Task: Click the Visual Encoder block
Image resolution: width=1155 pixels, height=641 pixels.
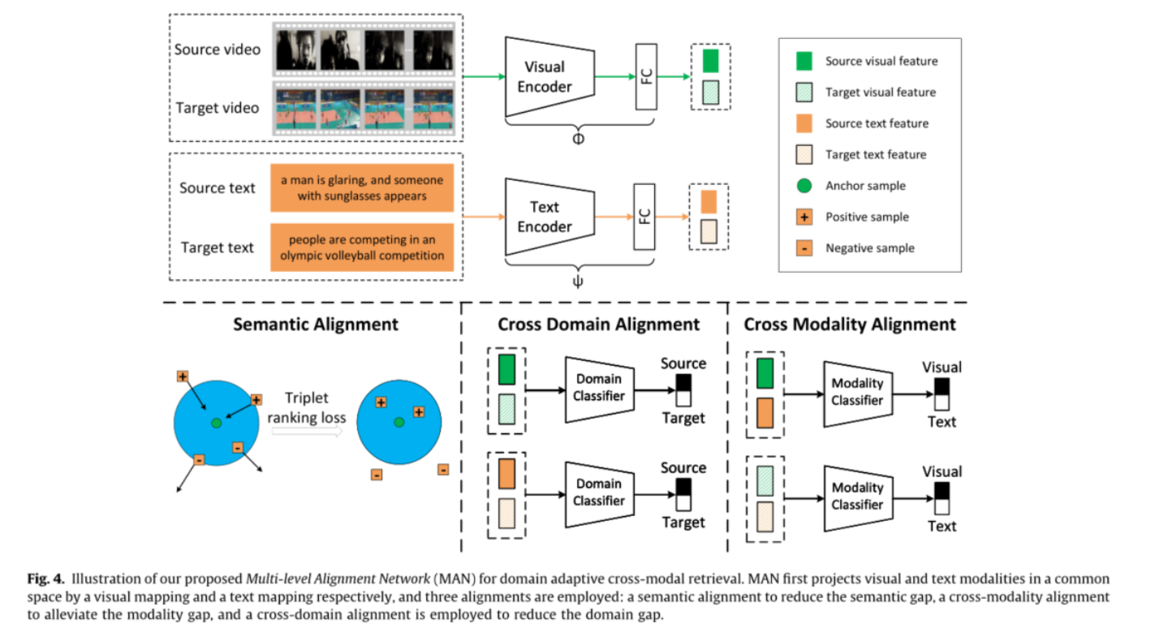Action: tap(547, 77)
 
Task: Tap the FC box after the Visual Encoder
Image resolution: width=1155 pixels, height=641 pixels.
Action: tap(646, 76)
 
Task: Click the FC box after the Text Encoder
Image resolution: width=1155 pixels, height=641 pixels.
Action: tap(645, 217)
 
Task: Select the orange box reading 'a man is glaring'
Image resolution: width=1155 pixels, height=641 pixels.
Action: tap(361, 188)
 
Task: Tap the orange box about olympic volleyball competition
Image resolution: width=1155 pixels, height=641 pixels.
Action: tap(361, 247)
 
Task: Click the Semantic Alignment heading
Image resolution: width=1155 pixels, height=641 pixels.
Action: tap(316, 325)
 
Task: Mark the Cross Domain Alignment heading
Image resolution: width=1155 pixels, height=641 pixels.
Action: tap(598, 325)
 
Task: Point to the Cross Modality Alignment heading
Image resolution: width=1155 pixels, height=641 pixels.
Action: tap(850, 325)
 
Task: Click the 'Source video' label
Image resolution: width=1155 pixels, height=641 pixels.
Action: tap(218, 49)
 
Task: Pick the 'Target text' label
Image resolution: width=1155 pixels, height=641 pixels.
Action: tap(218, 247)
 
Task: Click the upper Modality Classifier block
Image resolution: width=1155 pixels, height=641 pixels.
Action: tap(856, 394)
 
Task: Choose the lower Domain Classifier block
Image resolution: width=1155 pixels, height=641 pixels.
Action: tap(599, 492)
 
